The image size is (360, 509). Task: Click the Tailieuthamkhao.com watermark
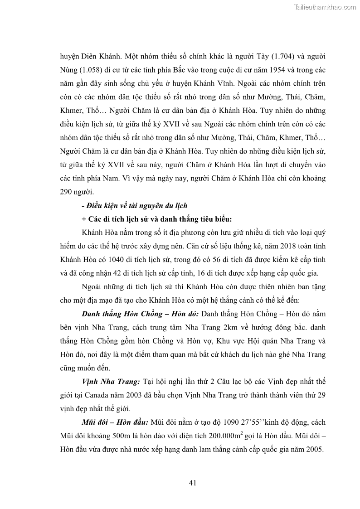[325, 7]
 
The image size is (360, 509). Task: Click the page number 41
[192, 483]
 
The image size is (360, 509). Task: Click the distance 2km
[248, 327]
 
